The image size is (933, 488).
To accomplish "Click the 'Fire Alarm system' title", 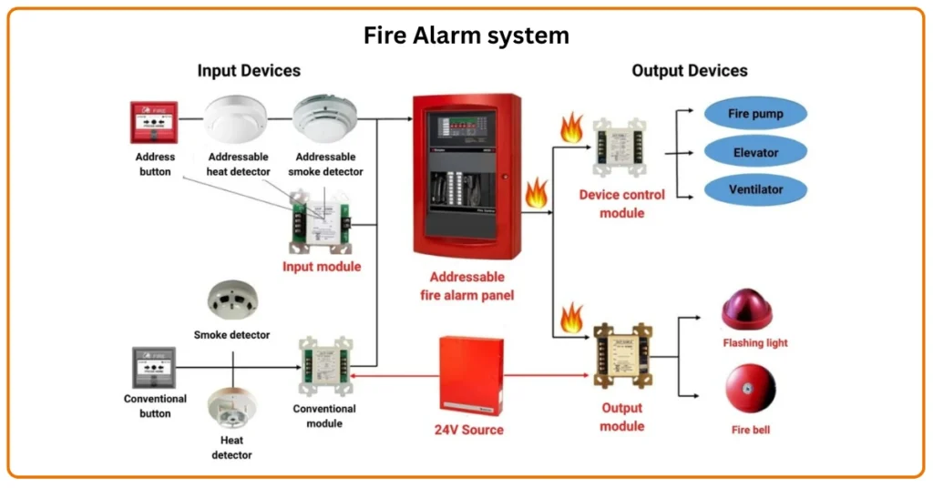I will (x=466, y=36).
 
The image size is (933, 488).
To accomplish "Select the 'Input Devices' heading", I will (x=249, y=70).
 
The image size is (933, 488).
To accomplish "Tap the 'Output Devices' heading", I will (x=689, y=70).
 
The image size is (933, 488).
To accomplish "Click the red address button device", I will (x=153, y=122).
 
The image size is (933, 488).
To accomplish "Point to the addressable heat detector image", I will (x=237, y=118).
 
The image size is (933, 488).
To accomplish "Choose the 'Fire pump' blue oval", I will (x=755, y=115).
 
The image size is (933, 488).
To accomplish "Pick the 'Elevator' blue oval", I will (x=755, y=153).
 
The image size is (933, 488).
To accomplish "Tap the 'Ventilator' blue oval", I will (x=755, y=190).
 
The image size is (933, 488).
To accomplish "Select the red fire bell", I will (x=750, y=390).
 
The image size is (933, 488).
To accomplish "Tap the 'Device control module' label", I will (x=622, y=204).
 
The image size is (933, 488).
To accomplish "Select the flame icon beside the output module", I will (x=571, y=319).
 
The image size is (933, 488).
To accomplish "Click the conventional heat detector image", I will (x=233, y=411).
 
